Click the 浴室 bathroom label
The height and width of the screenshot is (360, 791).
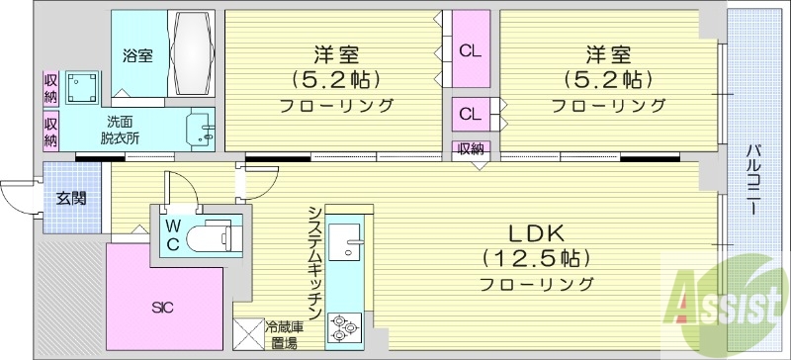[137, 55]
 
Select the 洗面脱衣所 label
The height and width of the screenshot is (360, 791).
[119, 130]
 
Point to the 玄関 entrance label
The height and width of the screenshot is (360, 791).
[71, 198]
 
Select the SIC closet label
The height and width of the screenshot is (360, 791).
[164, 308]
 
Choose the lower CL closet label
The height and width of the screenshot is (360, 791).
[470, 114]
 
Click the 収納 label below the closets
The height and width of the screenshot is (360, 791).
[471, 149]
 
